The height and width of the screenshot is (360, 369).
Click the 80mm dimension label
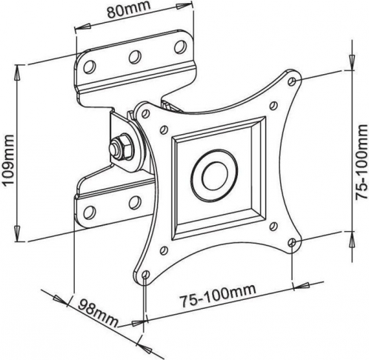click(x=129, y=10)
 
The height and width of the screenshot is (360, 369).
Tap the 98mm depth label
click(x=98, y=313)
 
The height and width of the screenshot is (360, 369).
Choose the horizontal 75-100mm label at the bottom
click(x=217, y=296)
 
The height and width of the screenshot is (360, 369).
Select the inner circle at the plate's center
click(x=214, y=176)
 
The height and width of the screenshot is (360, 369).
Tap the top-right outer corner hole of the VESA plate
click(x=293, y=81)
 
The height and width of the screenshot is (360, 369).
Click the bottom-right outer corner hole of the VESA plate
click(x=292, y=243)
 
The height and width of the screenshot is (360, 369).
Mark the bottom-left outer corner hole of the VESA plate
click(x=146, y=275)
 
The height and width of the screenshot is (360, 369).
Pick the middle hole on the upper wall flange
click(x=135, y=57)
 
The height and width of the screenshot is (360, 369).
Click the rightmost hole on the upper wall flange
click(x=180, y=47)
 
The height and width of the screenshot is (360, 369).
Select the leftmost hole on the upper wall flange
click(x=90, y=67)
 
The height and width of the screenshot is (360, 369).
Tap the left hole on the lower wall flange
click(x=90, y=213)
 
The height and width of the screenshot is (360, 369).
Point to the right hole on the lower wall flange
click(x=135, y=202)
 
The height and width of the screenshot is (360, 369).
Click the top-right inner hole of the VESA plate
click(x=273, y=106)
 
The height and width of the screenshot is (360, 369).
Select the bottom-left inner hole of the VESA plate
click(x=163, y=250)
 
